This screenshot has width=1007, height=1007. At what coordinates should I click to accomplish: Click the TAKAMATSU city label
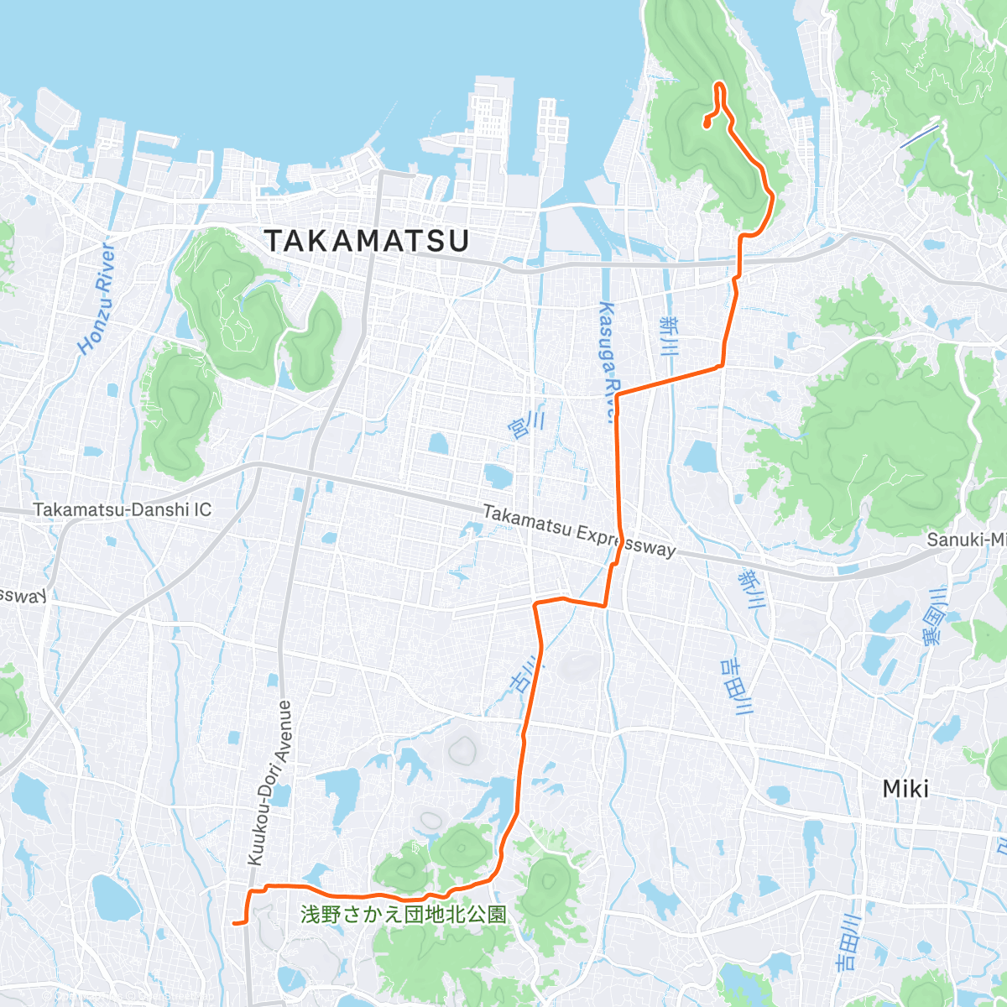[367, 241]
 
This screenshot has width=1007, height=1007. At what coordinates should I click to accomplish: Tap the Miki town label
[905, 789]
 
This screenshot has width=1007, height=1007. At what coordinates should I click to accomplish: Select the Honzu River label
[96, 299]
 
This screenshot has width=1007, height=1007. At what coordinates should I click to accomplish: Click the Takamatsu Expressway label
[579, 530]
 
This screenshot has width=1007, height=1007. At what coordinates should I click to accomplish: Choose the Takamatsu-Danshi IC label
[123, 509]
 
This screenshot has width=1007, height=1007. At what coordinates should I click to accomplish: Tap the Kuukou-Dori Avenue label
[269, 782]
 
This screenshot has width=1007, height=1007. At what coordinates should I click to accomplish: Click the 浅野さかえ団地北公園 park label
[404, 914]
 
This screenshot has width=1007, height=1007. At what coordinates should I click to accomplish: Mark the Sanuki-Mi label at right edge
[966, 540]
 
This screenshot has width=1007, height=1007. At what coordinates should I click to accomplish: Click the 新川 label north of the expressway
[669, 336]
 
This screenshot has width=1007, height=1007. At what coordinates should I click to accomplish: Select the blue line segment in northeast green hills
[920, 136]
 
